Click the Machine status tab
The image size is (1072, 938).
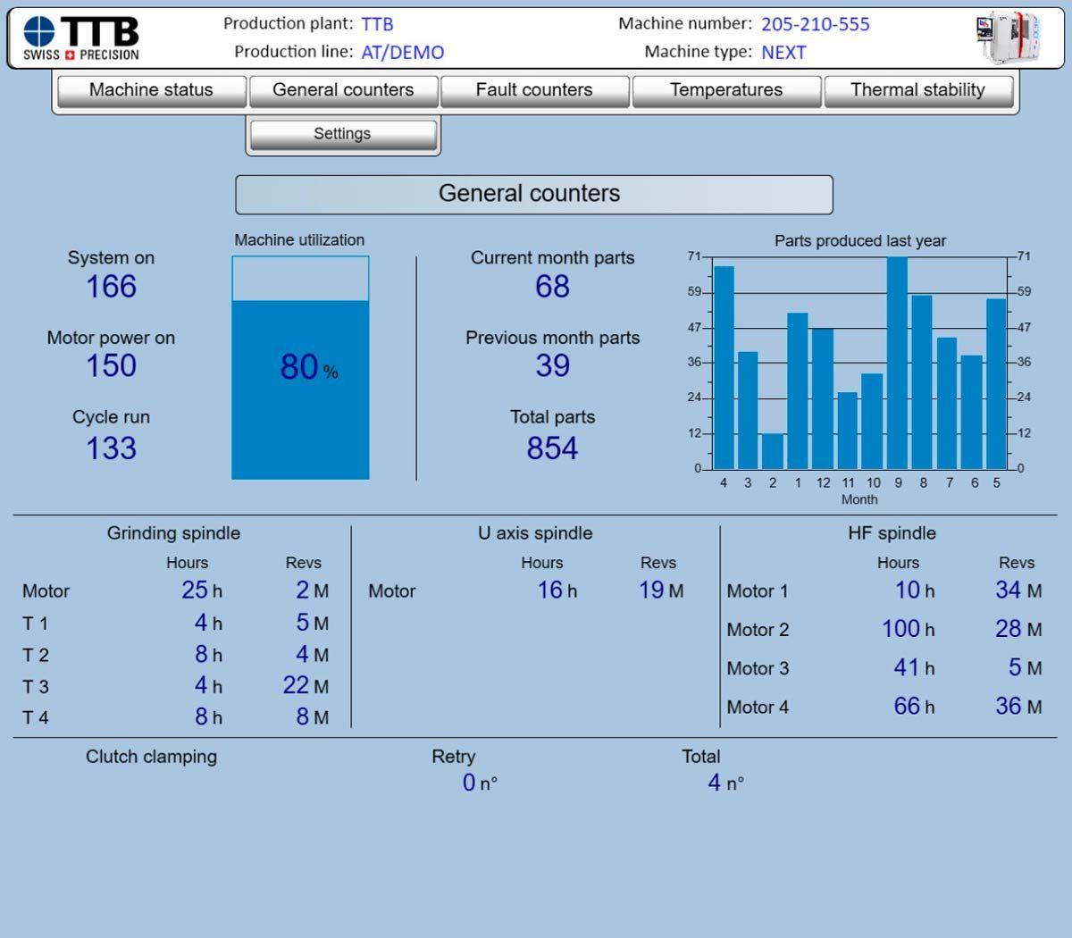click(x=151, y=90)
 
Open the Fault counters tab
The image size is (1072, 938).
click(x=534, y=90)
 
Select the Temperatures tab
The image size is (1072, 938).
click(x=725, y=90)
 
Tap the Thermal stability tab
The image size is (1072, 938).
click(x=917, y=90)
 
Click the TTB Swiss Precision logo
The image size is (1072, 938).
click(x=81, y=38)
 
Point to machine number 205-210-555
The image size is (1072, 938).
click(x=815, y=24)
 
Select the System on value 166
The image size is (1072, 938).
click(x=111, y=287)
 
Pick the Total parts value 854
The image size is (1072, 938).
click(x=552, y=448)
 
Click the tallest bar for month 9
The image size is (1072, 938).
click(x=897, y=362)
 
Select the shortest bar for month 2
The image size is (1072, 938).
click(x=773, y=451)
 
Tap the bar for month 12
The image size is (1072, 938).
click(x=823, y=398)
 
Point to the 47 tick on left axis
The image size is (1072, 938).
click(x=694, y=328)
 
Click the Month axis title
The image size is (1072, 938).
click(x=859, y=499)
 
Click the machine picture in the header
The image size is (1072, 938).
click(x=1009, y=38)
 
